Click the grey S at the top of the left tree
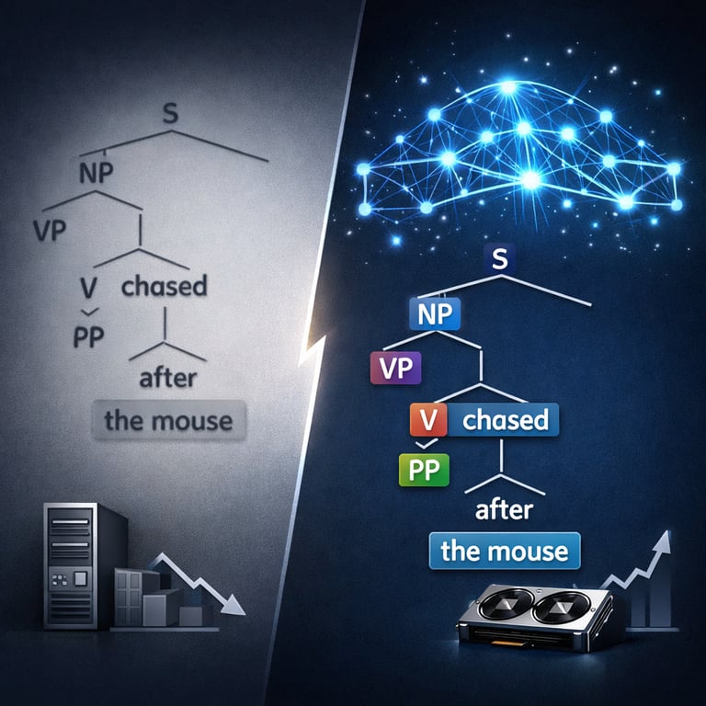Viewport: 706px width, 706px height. pos(168,114)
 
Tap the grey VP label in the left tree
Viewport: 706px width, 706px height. pos(52,229)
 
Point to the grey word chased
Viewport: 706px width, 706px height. pos(164,285)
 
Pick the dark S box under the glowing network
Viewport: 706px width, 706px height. pos(500,259)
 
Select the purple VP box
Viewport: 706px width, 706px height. pos(393,366)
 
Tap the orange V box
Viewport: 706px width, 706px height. pos(427,421)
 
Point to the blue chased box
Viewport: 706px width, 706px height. pos(505,421)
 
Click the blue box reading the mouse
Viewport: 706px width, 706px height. pos(505,552)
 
